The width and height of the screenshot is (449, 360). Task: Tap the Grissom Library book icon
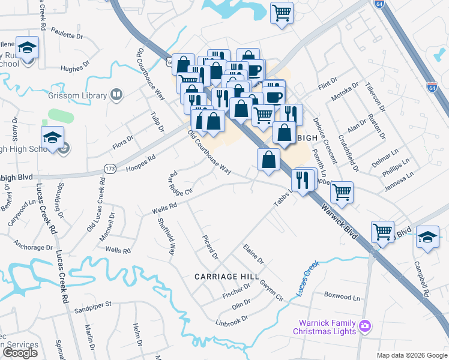point(116,95)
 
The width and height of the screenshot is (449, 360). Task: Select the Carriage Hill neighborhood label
point(226,277)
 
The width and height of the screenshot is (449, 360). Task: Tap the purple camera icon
point(364,326)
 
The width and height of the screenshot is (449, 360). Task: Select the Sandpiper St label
point(93,305)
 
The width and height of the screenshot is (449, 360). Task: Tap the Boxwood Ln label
point(342,297)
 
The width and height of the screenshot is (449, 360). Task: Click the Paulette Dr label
point(67,32)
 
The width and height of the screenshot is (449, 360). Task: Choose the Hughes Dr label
point(75,68)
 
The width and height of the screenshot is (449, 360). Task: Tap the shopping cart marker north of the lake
point(282,13)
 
